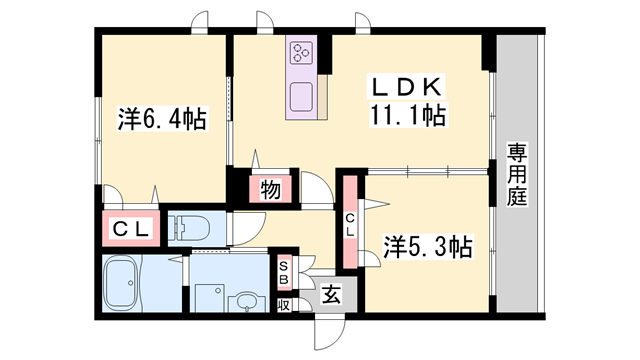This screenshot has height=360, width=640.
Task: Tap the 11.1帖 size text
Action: pyautogui.click(x=408, y=116)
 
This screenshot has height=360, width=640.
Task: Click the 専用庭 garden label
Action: pyautogui.click(x=517, y=176)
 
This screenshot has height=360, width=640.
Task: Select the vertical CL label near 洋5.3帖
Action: pyautogui.click(x=350, y=226)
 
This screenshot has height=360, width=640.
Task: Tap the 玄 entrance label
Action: pyautogui.click(x=331, y=295)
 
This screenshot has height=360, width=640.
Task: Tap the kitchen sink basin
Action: pyautogui.click(x=302, y=97)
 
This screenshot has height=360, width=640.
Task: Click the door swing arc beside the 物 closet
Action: pyautogui.click(x=315, y=188)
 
